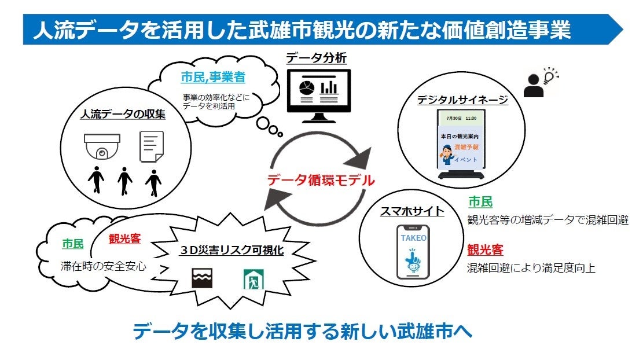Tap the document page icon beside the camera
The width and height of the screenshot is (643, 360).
(x=152, y=146)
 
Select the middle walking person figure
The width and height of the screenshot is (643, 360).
(x=125, y=182)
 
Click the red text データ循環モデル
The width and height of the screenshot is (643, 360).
(x=321, y=180)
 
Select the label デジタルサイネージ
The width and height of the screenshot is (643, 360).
(x=462, y=100)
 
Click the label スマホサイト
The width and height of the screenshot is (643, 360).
(x=412, y=211)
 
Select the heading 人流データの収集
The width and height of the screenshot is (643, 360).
(x=123, y=114)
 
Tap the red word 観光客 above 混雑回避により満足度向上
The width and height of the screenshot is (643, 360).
(x=485, y=250)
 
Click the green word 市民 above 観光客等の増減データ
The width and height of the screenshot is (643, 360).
(x=480, y=202)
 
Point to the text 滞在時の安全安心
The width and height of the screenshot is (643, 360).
(x=104, y=267)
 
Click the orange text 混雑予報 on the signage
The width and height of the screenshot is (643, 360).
(x=466, y=148)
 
